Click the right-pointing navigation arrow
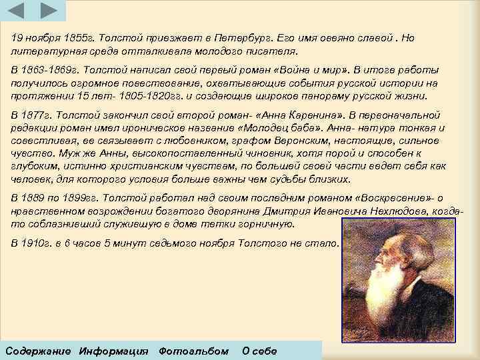(x=47, y=10)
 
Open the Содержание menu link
(x=37, y=351)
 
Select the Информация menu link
(x=113, y=351)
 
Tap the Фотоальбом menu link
(x=193, y=351)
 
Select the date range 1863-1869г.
(x=43, y=69)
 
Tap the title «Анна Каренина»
(x=309, y=115)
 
